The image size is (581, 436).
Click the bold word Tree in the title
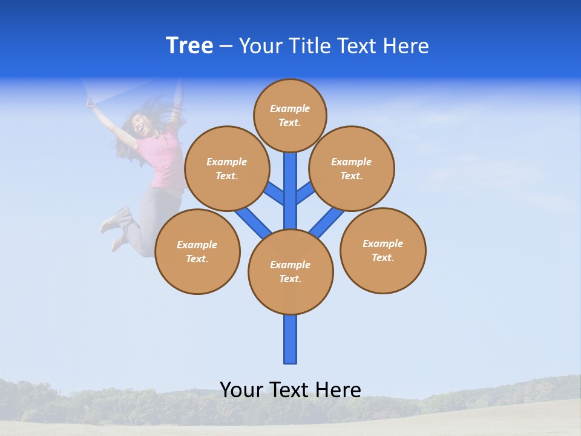pos(189,46)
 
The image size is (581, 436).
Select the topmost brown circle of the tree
pos(290,115)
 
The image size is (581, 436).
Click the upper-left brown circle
pos(226,168)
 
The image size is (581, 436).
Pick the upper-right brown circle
pos(352,168)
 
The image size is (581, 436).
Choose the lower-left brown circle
pos(197,251)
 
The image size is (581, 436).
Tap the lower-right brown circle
pos(382,250)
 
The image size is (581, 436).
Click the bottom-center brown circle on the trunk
pos(290,271)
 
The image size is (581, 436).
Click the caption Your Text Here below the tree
pos(290,389)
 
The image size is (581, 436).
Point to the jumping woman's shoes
pos(117,220)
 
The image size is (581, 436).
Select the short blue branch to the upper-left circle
pos(275,193)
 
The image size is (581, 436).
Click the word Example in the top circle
pos(290,108)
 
